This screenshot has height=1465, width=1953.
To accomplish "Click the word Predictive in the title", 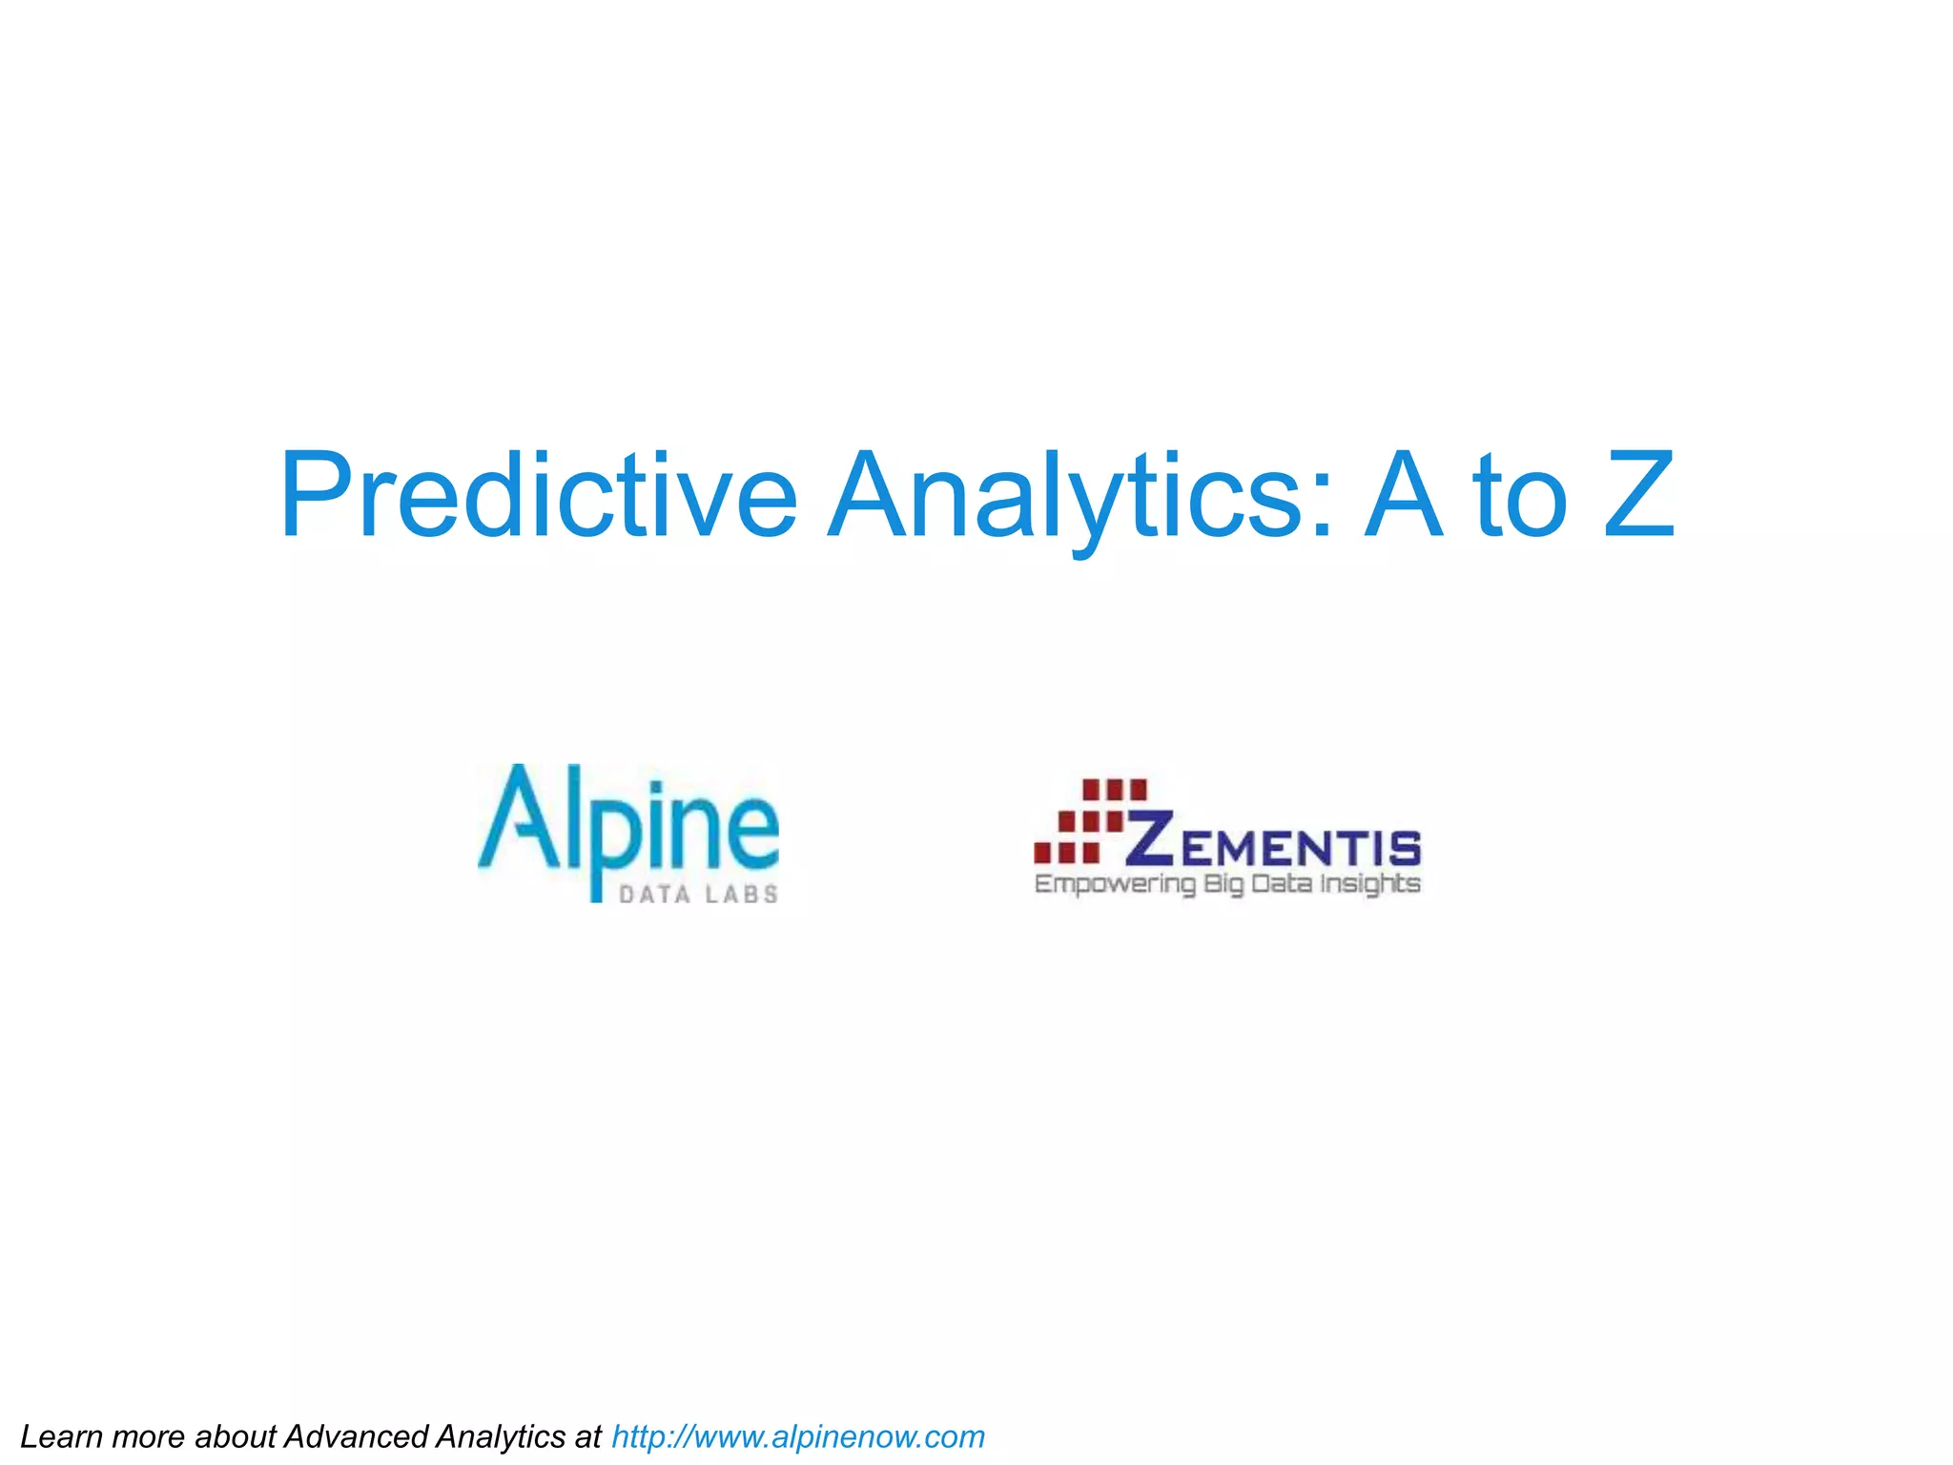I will click(x=538, y=496).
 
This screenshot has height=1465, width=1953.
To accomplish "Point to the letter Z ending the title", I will click(x=1638, y=496).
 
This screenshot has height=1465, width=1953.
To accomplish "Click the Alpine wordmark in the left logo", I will click(x=629, y=820).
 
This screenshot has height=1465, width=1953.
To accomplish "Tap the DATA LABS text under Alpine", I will click(x=698, y=895).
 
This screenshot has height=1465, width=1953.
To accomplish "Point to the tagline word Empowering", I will click(x=1115, y=884).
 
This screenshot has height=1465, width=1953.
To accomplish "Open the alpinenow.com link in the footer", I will click(x=797, y=1436).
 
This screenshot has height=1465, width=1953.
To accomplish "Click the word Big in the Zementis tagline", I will click(x=1223, y=885).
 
